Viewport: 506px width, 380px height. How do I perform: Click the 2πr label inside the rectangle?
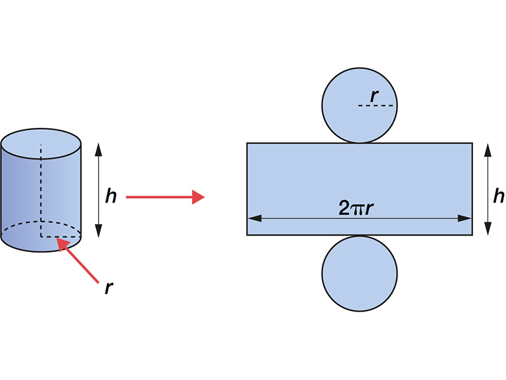[359, 206]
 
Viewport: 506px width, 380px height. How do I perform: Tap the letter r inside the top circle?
[375, 96]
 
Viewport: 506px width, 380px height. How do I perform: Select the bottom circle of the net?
[359, 273]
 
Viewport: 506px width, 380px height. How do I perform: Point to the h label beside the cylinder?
[111, 197]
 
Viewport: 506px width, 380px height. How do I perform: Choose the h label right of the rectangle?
[499, 197]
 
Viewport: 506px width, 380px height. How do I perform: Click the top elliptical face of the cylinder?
[41, 141]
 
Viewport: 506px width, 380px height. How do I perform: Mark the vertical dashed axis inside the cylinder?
[41, 190]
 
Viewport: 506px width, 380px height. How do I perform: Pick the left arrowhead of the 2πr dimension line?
[252, 218]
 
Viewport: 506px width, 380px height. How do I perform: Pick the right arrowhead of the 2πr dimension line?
[467, 218]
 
